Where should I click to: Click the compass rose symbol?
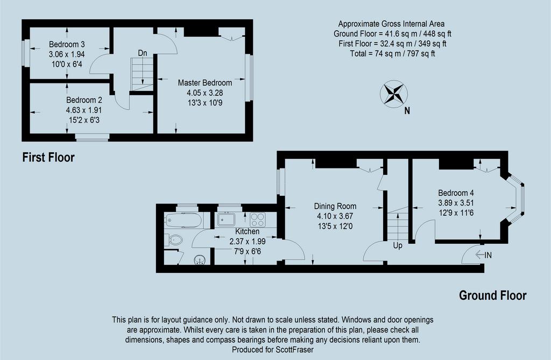click(393, 94)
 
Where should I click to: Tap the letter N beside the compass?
click(407, 111)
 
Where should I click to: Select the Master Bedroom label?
click(205, 83)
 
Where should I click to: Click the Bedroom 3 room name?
click(67, 44)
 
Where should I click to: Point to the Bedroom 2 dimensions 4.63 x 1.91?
click(83, 110)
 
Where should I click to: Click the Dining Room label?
click(335, 206)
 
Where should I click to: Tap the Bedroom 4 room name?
click(456, 193)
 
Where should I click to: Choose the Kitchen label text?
click(248, 231)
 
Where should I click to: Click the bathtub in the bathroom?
click(183, 220)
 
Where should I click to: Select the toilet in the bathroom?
click(174, 240)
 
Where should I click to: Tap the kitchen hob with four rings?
click(258, 220)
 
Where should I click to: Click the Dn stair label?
click(142, 53)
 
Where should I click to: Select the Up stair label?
click(398, 246)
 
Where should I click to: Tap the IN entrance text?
click(488, 256)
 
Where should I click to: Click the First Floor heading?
click(48, 157)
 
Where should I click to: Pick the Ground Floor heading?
click(493, 295)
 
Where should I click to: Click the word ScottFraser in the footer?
click(294, 350)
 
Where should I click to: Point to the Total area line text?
click(392, 54)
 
